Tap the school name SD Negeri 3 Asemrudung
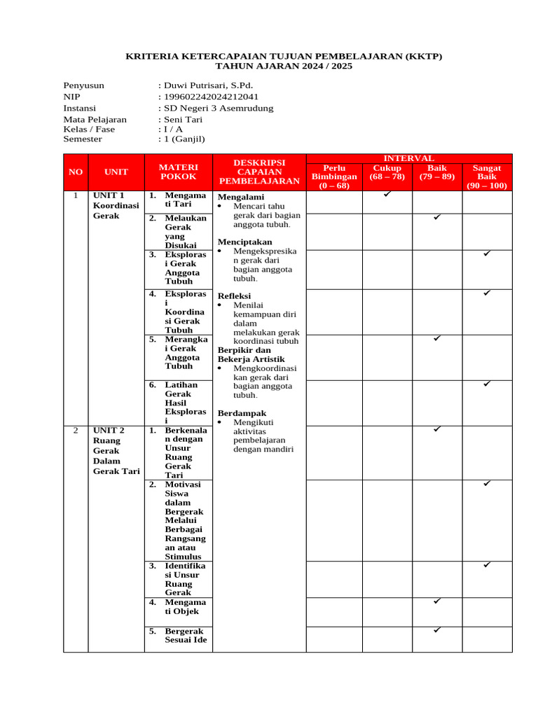click(218, 108)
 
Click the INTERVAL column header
click(409, 159)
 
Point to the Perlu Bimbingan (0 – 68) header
click(334, 177)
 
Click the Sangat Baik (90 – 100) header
click(487, 177)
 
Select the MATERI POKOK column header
click(179, 172)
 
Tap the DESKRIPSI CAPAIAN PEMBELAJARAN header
click(259, 172)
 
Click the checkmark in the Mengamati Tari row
click(387, 194)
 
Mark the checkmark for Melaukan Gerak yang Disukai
click(436, 218)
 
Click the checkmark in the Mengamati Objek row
click(436, 601)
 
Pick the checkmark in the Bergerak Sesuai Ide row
click(436, 630)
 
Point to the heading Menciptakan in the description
click(244, 242)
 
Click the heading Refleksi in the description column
click(234, 296)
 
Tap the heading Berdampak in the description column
click(242, 413)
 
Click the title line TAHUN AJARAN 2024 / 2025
click(284, 67)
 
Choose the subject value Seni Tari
click(183, 119)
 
